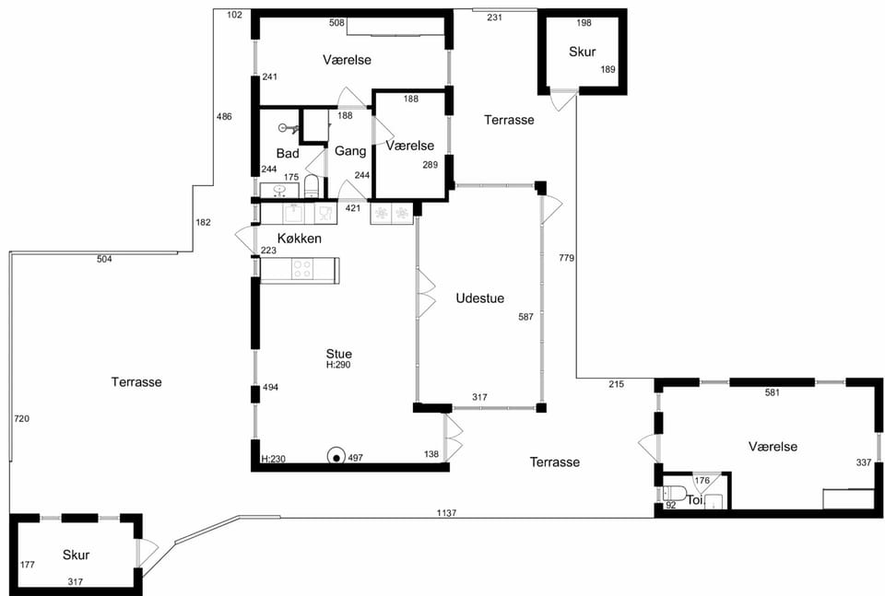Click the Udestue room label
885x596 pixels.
tap(479, 298)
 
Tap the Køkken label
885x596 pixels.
tap(299, 239)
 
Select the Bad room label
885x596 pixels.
tap(288, 153)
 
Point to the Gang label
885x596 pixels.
tap(350, 151)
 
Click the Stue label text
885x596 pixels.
tap(338, 354)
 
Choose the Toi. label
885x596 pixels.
tap(695, 499)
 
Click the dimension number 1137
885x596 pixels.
tap(446, 513)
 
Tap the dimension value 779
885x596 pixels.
tap(566, 258)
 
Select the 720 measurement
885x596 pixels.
tap(21, 418)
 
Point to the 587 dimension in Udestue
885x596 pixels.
tap(525, 317)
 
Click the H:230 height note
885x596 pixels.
tap(273, 459)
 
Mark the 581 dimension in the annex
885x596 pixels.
tap(773, 392)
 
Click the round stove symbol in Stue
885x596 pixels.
tap(336, 457)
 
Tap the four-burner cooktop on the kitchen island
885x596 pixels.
tap(301, 269)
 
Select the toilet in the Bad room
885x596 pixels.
tap(312, 186)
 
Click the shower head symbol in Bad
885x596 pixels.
tap(288, 129)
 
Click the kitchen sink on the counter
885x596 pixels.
tap(293, 214)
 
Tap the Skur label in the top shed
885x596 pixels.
tap(582, 52)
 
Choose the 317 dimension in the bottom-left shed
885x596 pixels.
tap(75, 582)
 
